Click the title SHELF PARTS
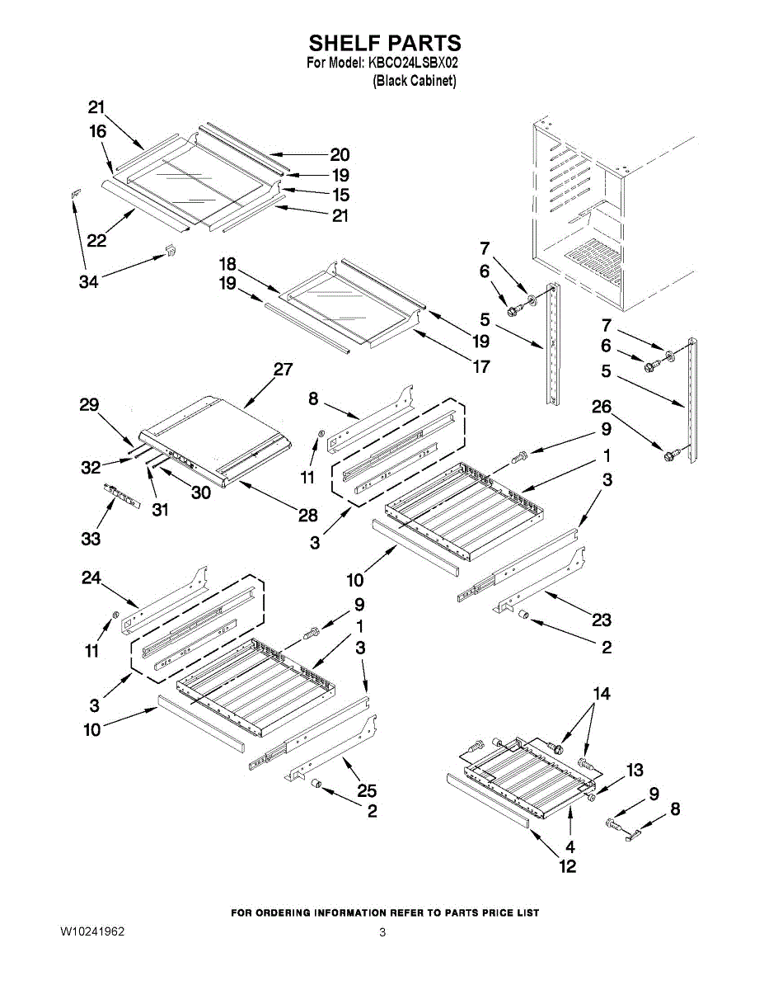pyautogui.click(x=384, y=43)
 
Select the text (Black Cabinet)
pyautogui.click(x=414, y=81)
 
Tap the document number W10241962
pyautogui.click(x=92, y=932)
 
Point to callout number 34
pyautogui.click(x=88, y=282)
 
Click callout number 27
pyautogui.click(x=283, y=370)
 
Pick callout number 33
pyautogui.click(x=91, y=539)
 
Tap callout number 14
pyautogui.click(x=602, y=694)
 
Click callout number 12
pyautogui.click(x=568, y=866)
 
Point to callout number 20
pyautogui.click(x=340, y=154)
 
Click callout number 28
pyautogui.click(x=307, y=516)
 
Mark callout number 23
pyautogui.click(x=602, y=620)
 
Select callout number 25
pyautogui.click(x=367, y=791)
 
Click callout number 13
pyautogui.click(x=634, y=771)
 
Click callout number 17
pyautogui.click(x=480, y=366)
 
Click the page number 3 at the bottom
pyautogui.click(x=382, y=933)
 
